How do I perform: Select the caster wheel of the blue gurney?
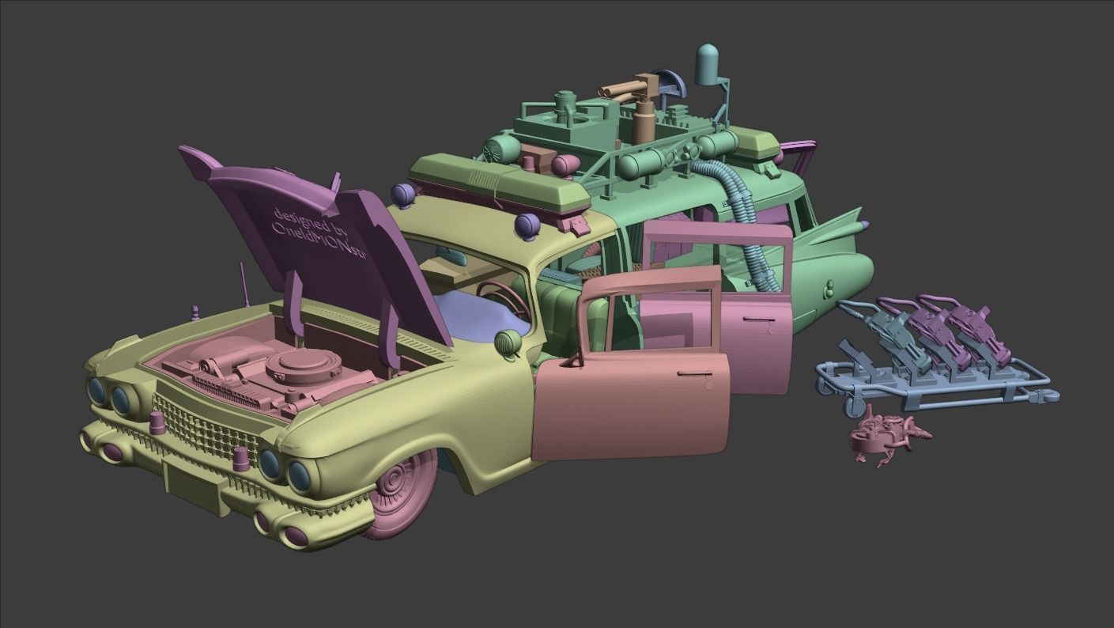pos(855,407)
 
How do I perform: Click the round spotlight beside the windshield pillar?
pos(506,342)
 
